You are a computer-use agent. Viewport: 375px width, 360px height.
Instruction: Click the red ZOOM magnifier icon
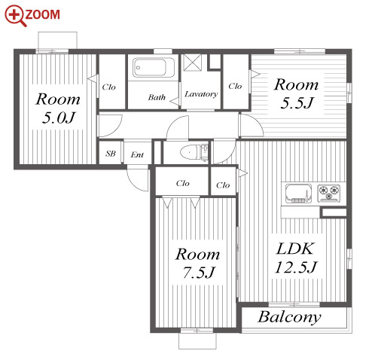[x=14, y=16]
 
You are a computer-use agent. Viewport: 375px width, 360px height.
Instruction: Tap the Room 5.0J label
[x=58, y=108]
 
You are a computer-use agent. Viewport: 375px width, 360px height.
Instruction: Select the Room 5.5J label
[x=296, y=93]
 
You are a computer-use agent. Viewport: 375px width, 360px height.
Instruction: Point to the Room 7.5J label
[x=198, y=263]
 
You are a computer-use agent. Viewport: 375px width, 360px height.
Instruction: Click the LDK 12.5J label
[x=296, y=258]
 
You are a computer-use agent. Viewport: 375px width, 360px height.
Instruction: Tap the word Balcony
[x=289, y=317]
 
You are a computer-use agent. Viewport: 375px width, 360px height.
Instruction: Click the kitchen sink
[x=299, y=194]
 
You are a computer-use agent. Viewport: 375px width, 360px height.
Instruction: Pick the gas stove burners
[x=329, y=193]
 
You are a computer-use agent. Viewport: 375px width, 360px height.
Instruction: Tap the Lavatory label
[x=201, y=94]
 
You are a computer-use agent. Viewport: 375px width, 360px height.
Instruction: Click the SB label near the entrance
[x=111, y=154]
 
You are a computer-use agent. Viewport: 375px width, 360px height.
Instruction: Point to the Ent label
[x=137, y=154]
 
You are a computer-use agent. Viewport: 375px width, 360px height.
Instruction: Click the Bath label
[x=157, y=97]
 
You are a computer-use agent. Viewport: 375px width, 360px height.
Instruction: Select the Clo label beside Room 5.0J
[x=108, y=87]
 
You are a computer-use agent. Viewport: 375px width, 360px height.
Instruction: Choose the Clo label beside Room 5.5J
[x=235, y=86]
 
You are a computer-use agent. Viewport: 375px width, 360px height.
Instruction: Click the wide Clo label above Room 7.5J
[x=182, y=183]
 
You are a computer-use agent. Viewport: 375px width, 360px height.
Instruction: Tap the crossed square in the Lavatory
[x=192, y=62]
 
